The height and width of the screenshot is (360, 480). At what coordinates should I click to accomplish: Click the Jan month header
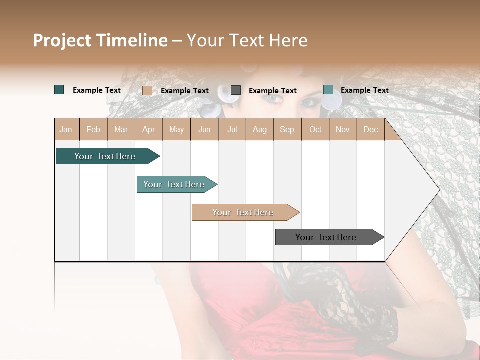(66, 130)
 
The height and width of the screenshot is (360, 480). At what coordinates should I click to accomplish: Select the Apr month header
(149, 130)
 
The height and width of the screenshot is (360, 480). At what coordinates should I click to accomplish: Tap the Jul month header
(232, 130)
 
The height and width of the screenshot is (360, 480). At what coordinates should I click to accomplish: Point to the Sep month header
(287, 130)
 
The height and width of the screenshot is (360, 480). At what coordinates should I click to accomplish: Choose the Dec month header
(370, 130)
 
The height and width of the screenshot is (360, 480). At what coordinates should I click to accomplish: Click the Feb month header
(93, 130)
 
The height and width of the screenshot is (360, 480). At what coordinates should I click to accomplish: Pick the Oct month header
(315, 130)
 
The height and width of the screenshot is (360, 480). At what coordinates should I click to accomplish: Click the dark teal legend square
(59, 90)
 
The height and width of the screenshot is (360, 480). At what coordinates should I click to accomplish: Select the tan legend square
(147, 90)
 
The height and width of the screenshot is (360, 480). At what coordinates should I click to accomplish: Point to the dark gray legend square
(236, 90)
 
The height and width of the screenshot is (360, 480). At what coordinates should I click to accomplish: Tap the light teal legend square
(328, 90)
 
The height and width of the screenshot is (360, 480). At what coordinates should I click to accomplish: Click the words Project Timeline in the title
(100, 40)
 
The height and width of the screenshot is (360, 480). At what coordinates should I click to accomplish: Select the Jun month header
(204, 130)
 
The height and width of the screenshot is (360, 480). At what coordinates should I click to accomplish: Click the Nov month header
(343, 130)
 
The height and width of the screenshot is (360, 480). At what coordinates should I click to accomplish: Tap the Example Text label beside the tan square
(185, 91)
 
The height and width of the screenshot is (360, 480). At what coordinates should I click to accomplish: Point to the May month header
(176, 130)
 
